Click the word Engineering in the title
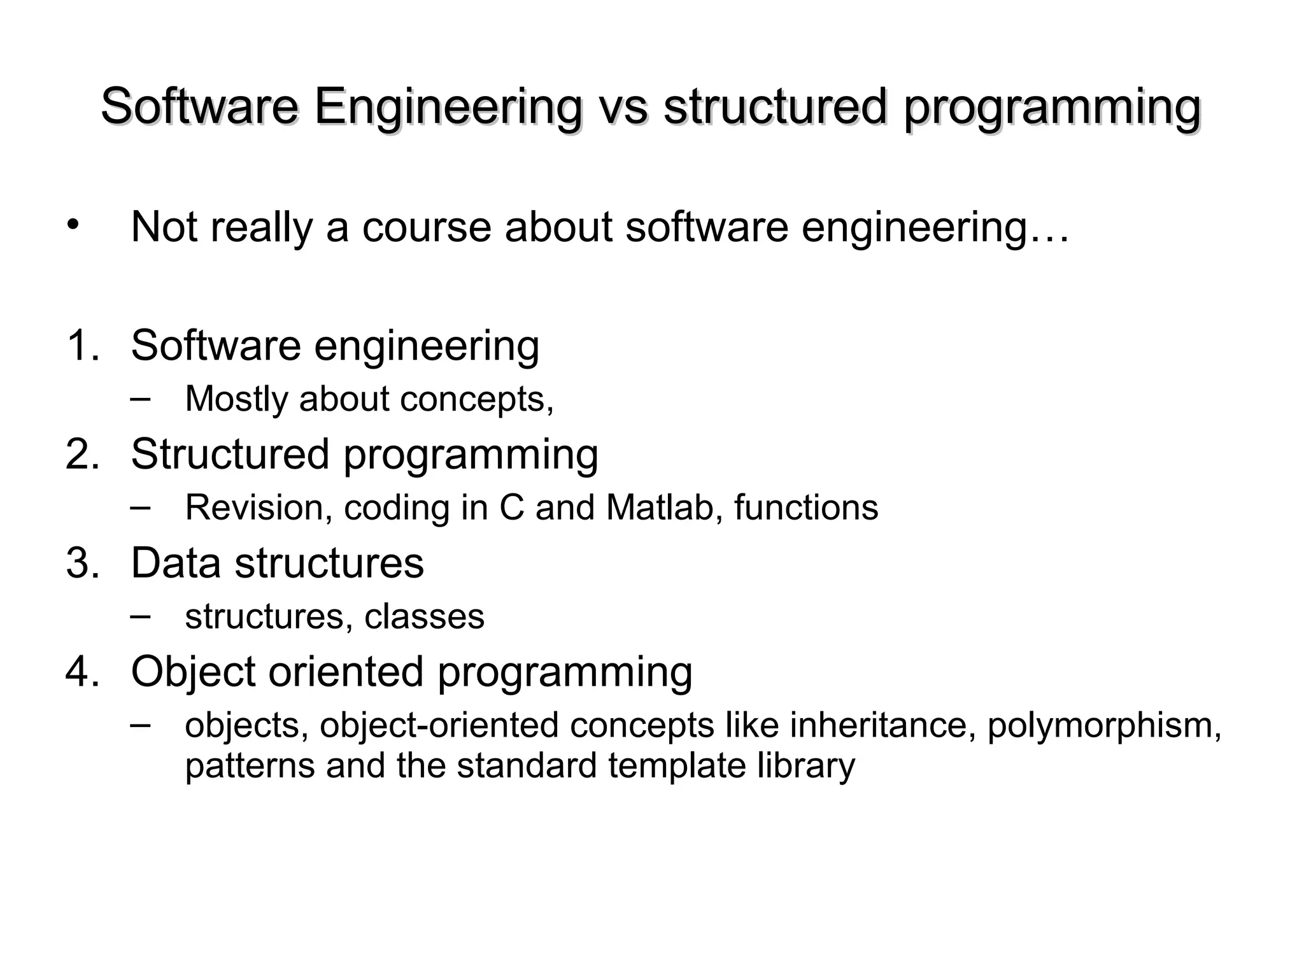pyautogui.click(x=448, y=107)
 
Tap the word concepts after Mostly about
pyautogui.click(x=476, y=400)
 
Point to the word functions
pyautogui.click(x=806, y=508)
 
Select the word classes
pyautogui.click(x=424, y=616)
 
